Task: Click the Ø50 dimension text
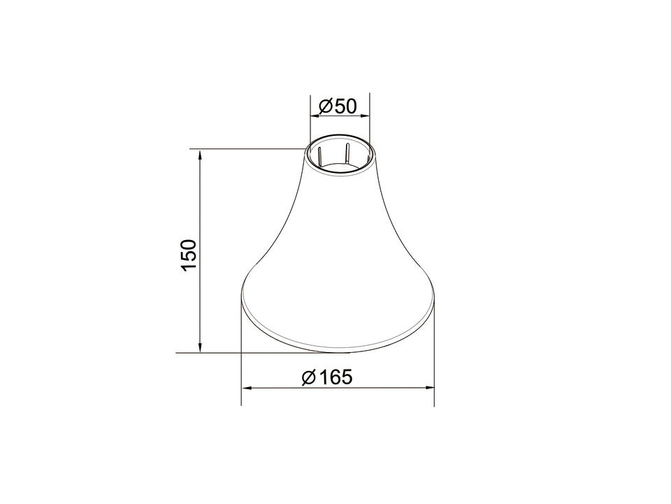coord(337,106)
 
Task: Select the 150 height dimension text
coord(189,255)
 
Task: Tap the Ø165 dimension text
coord(327,377)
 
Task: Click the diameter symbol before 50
coord(326,106)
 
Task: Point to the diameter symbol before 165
coord(308,377)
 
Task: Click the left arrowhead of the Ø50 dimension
coord(315,115)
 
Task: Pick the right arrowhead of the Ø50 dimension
coord(365,115)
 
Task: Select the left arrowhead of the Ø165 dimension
coord(247,388)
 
